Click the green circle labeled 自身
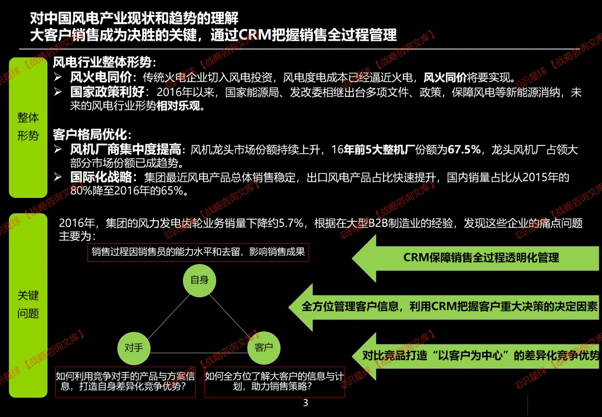coord(200,280)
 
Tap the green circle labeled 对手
coord(134,348)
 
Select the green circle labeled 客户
coord(264,348)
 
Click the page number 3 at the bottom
coord(305,403)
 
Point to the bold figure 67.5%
coord(464,149)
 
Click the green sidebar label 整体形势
coord(28,127)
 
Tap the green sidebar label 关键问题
coord(28,305)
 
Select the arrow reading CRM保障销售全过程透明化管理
coord(475,258)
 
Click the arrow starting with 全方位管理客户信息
coord(444,307)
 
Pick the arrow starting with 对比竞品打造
coord(475,356)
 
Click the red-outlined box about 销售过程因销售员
coord(198,253)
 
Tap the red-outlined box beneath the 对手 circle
coord(125,382)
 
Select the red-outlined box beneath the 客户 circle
coord(274,382)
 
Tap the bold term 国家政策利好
coord(107,92)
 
